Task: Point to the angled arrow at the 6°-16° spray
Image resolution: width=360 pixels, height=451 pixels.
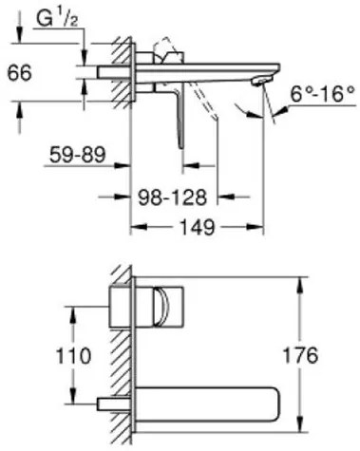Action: pos(250,115)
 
